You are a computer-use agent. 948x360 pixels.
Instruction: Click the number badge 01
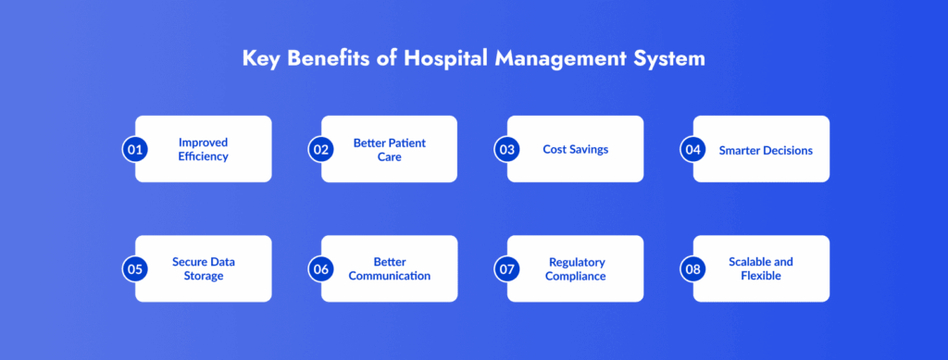point(135,149)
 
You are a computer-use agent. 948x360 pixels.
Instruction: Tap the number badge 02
point(321,149)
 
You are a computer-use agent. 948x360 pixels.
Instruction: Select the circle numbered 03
point(506,149)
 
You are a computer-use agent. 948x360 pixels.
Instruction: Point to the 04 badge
point(692,149)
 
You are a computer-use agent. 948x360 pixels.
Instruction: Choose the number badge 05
point(135,268)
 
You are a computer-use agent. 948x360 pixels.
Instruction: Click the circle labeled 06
point(321,268)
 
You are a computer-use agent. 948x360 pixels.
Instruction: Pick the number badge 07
point(506,268)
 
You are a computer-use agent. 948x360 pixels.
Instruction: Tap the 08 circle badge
point(692,268)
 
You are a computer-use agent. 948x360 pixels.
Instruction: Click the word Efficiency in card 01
point(203,156)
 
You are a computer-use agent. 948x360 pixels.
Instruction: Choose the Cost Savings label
point(576,149)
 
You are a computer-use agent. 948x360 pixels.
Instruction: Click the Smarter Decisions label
point(766,151)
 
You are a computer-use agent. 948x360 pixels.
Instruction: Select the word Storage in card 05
point(203,276)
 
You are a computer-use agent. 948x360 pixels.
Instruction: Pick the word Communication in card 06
point(390,276)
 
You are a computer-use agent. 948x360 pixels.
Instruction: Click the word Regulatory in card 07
point(577,263)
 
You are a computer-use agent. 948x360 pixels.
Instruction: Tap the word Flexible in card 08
point(761,276)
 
